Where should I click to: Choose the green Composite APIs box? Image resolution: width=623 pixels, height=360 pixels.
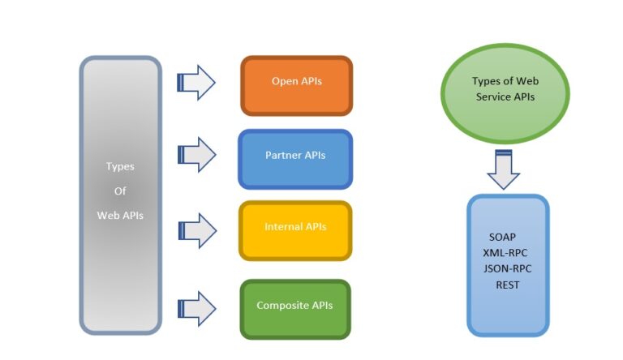pyautogui.click(x=295, y=308)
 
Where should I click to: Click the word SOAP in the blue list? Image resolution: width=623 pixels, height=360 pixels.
pyautogui.click(x=503, y=237)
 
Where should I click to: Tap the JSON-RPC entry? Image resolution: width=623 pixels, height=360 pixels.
pyautogui.click(x=507, y=268)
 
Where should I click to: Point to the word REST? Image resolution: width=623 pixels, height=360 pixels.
pyautogui.click(x=508, y=285)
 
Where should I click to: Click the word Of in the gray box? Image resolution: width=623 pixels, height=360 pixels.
pyautogui.click(x=120, y=191)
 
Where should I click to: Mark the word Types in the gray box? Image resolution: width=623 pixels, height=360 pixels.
pyautogui.click(x=120, y=166)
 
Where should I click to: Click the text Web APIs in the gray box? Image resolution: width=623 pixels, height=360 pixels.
pyautogui.click(x=120, y=216)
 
